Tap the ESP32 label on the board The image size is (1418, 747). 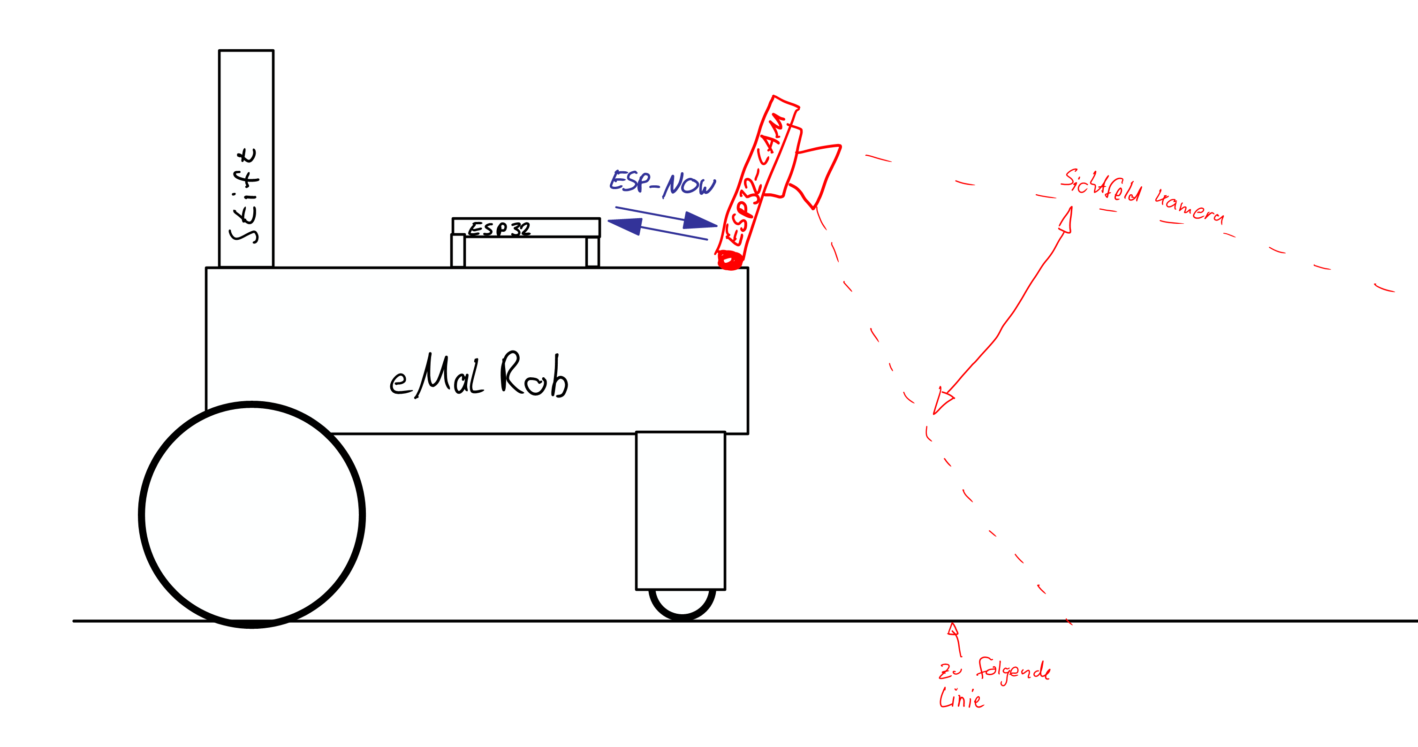click(499, 229)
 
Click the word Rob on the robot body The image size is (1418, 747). click(534, 375)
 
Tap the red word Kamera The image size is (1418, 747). click(1190, 207)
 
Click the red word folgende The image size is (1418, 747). click(1013, 670)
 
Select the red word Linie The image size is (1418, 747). click(961, 699)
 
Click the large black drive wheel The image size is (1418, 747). click(252, 515)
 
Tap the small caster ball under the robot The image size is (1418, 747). click(682, 603)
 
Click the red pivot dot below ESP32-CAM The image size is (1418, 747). click(730, 260)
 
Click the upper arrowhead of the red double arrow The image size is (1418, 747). click(1067, 220)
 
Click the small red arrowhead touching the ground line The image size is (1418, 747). click(953, 629)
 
